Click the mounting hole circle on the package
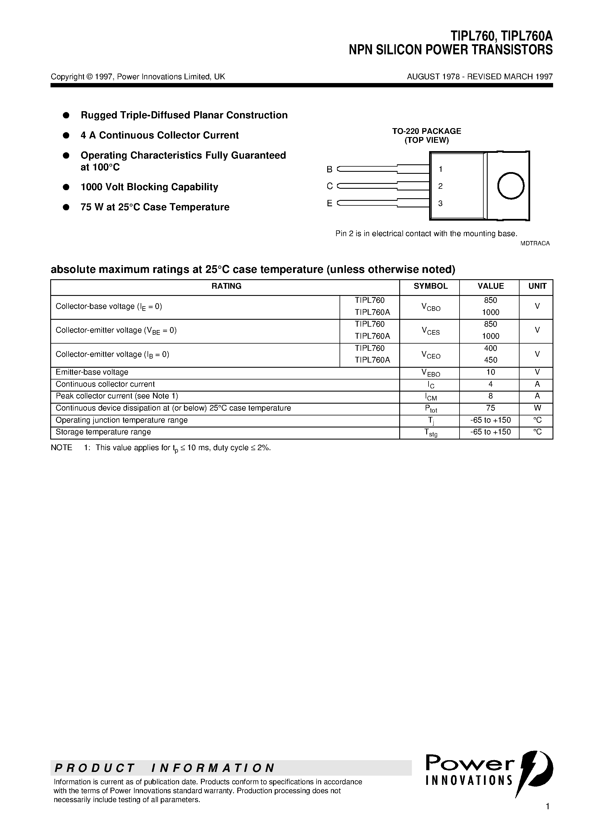(511, 186)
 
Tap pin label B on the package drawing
(330, 169)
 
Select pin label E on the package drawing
(330, 203)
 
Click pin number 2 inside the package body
(440, 186)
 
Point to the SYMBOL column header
(430, 286)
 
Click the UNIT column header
(537, 286)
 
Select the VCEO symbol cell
(431, 355)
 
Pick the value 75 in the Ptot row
(490, 408)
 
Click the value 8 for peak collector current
(490, 396)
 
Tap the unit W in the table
(537, 408)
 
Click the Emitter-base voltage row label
(92, 372)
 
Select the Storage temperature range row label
(103, 432)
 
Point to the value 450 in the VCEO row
(490, 360)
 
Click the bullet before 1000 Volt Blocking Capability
(66, 187)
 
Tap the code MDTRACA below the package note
(535, 243)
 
